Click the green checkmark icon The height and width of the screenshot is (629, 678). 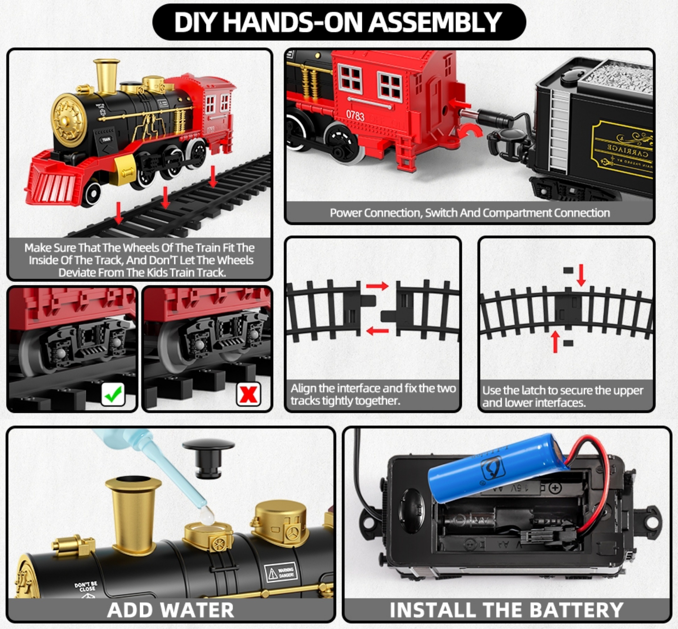pos(113,394)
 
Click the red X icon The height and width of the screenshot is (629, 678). pos(249,394)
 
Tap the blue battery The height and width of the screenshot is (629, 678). pos(493,467)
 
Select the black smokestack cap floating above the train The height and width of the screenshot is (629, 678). pos(208,457)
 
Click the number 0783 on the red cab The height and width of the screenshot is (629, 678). pos(355,116)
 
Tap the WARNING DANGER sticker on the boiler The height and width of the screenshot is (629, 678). pos(281,573)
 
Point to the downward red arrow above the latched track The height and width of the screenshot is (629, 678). pos(581,275)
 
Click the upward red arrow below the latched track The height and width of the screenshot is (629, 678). pos(555,341)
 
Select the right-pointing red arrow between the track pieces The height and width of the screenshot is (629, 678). pos(377,286)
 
